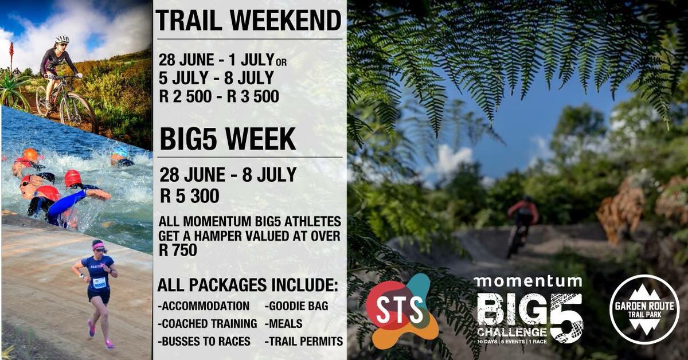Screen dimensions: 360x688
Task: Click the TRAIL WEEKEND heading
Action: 248,21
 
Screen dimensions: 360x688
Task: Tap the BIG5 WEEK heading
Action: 228,139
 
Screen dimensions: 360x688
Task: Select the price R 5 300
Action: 190,196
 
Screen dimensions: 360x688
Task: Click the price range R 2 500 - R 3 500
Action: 219,96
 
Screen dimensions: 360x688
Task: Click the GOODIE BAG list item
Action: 296,306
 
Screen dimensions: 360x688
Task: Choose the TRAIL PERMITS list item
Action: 304,341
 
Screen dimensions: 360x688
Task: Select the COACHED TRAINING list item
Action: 207,323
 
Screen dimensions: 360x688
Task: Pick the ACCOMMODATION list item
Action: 204,306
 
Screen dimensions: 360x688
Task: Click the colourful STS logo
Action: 401,310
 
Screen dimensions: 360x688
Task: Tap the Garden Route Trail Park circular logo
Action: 644,309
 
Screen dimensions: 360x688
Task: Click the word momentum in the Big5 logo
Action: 527,281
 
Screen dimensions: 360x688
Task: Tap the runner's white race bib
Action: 99,282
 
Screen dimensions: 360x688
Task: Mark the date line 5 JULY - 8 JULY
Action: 217,77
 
